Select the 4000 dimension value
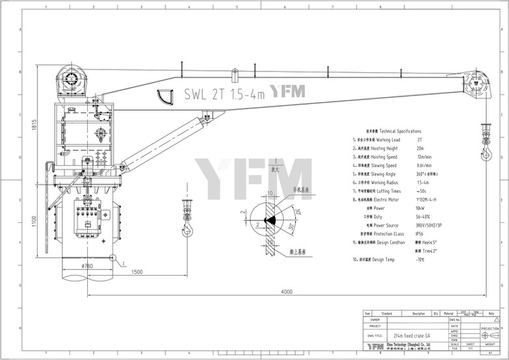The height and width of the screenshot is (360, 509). tap(287, 292)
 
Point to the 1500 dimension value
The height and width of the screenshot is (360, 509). tap(136, 272)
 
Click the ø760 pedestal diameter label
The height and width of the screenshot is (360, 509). tap(86, 264)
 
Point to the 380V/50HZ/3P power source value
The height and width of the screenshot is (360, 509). tap(432, 224)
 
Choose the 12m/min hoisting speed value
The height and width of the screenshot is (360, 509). tap(426, 157)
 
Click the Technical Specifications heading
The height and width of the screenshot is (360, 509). tap(397, 131)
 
